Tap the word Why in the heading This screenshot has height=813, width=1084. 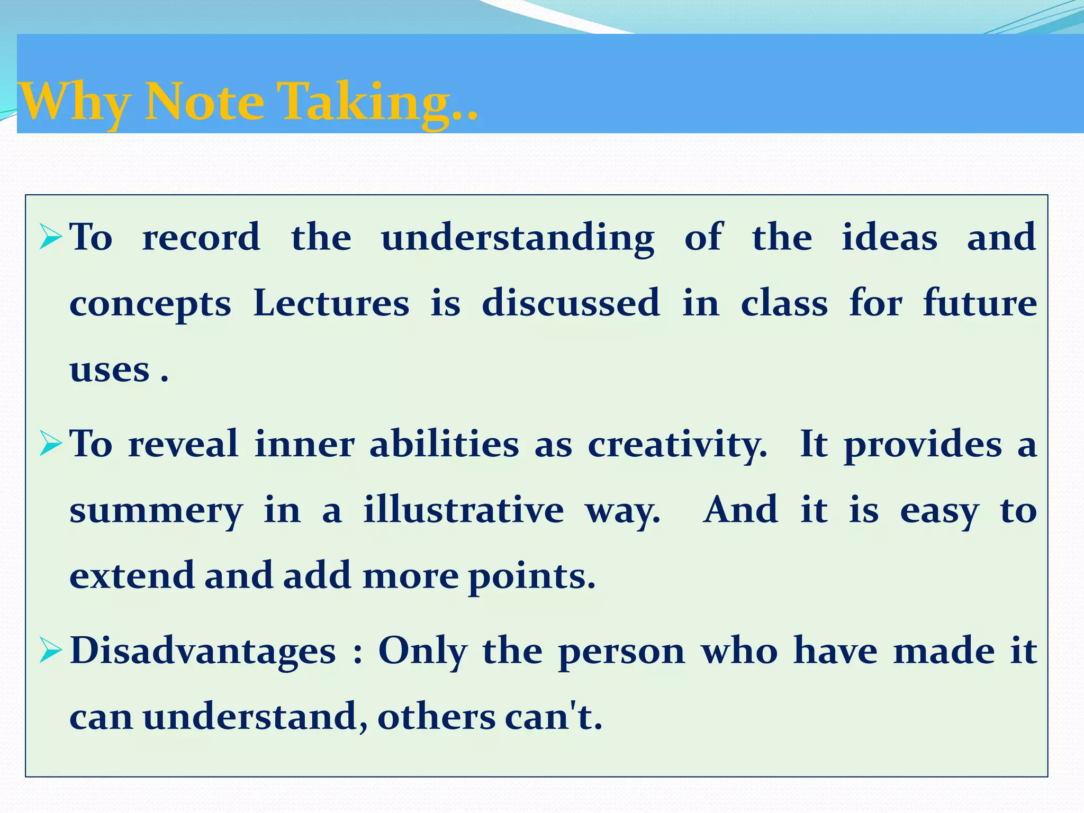point(74,102)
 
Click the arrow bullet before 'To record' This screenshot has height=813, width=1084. point(51,238)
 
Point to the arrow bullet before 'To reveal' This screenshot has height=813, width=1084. point(51,445)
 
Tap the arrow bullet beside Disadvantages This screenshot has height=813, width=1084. point(51,651)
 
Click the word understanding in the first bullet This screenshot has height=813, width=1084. point(518,238)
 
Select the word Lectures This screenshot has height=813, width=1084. point(331,304)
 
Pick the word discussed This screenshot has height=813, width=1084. point(571,304)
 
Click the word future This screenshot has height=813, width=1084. point(980,304)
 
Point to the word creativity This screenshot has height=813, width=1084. point(677,445)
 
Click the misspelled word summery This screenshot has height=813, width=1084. point(156,511)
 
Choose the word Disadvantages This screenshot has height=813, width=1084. point(203,651)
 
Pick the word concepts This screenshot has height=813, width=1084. point(150,305)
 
